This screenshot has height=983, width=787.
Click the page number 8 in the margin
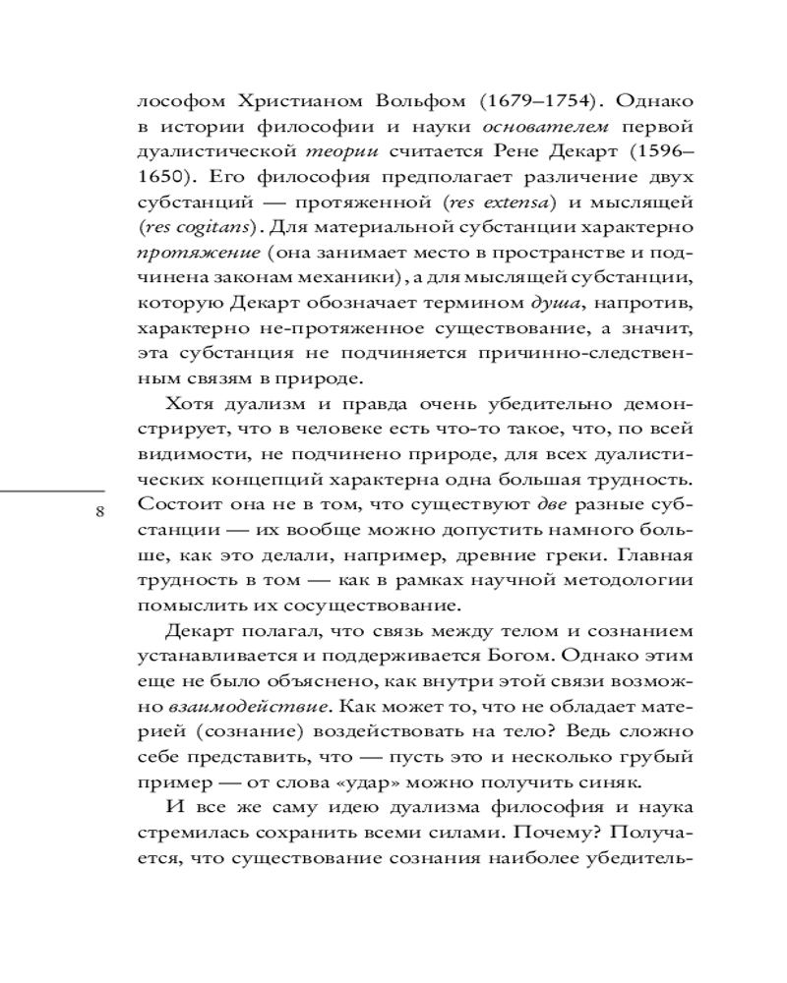coord(100,511)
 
